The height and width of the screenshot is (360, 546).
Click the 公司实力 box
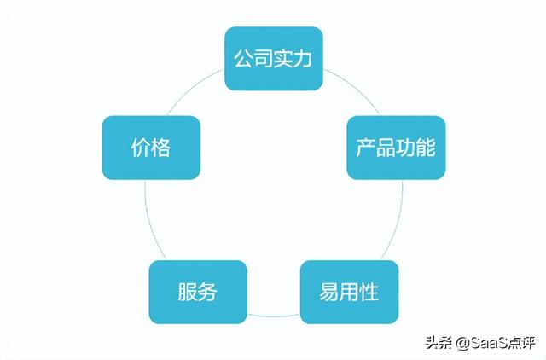(274, 59)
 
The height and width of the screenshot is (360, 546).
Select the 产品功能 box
(396, 148)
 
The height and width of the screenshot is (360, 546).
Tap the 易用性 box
(349, 292)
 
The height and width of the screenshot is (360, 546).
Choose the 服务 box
(198, 292)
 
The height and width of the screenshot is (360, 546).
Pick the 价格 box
(152, 148)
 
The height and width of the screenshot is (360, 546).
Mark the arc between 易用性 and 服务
(274, 316)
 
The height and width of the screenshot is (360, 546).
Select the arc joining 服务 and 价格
(151, 223)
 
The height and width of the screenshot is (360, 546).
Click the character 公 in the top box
(243, 59)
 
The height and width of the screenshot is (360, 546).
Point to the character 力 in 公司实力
(302, 59)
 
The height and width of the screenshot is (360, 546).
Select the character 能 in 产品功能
(426, 148)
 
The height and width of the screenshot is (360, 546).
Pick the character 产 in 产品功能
(366, 148)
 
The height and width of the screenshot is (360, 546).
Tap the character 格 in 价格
(161, 148)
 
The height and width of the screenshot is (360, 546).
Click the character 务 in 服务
(208, 292)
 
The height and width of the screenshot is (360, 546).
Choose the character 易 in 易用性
(329, 292)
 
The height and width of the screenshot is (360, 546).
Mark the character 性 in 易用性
(369, 292)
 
